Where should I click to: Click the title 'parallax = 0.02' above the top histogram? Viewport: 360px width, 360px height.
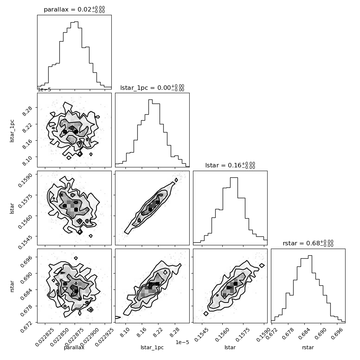point(68,9)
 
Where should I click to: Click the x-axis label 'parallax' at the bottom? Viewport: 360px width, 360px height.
point(74,347)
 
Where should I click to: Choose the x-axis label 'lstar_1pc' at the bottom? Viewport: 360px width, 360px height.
point(152,347)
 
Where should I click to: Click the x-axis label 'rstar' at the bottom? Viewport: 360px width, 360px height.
point(308,347)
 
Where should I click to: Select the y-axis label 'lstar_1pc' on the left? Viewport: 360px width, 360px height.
point(12,131)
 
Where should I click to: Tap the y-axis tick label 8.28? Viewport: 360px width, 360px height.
point(27,111)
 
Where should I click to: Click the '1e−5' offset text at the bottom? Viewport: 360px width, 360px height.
point(182,342)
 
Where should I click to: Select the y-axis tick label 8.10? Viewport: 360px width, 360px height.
point(27,160)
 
